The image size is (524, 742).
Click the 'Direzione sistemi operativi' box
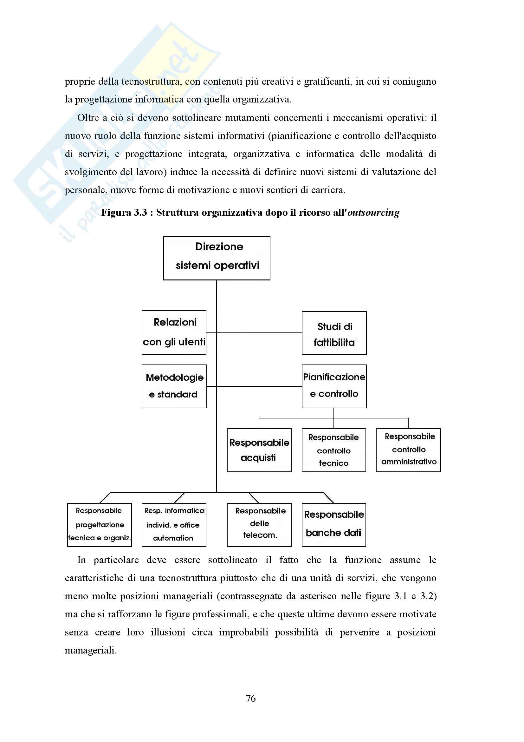216,258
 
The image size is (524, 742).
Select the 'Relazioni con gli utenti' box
174,332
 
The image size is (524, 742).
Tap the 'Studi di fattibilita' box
334,333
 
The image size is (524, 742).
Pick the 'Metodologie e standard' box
174,386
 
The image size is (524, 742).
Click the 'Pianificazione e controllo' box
334,386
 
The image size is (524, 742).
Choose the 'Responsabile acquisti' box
259,450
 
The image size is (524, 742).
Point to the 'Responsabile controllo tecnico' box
333,450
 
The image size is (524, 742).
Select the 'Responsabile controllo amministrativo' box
408,450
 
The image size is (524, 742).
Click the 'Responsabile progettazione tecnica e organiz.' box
100,525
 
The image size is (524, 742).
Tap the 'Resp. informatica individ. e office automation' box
174,525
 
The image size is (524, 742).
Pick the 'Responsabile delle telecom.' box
259,525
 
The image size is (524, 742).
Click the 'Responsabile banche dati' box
333,525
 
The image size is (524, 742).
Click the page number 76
250,698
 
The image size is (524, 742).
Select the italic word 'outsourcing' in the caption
373,213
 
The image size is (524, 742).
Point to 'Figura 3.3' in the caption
124,213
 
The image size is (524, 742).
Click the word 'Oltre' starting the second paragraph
87,118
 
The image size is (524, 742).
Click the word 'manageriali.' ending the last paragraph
90,650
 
